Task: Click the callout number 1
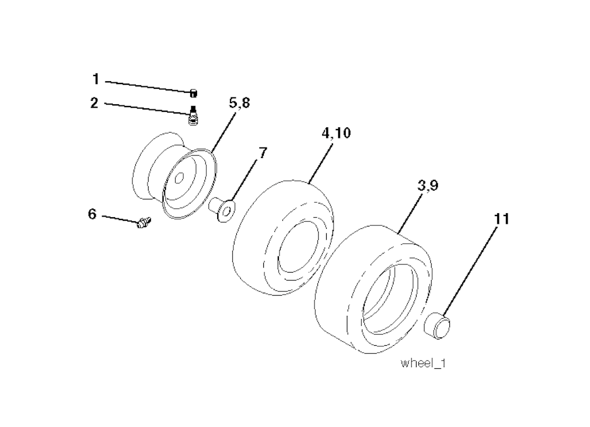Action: pos(96,80)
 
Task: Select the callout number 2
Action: pos(94,103)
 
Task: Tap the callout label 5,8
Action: pos(239,103)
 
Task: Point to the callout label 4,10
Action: pos(336,133)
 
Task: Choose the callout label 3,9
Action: pos(428,186)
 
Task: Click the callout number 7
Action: pos(263,152)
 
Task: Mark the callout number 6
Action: pos(92,214)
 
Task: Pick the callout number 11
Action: pos(501,218)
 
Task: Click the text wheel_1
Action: pos(423,364)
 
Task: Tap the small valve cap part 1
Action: pos(194,93)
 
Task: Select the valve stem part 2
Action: pos(194,116)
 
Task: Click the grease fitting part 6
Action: pos(143,222)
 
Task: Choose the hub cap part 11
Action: pos(438,326)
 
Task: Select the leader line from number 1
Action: pos(148,86)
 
